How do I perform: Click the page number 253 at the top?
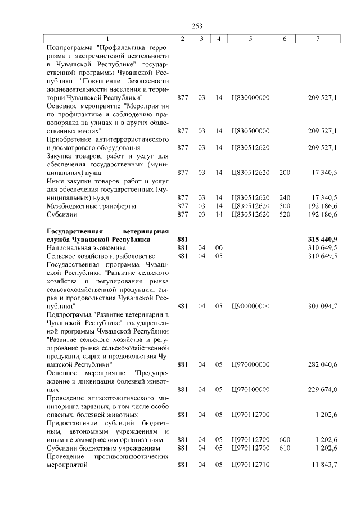(197, 26)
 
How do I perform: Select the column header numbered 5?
(250, 38)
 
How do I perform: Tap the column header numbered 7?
(318, 38)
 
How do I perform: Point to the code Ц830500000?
(250, 131)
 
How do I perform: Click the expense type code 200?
(285, 173)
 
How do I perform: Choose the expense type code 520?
(285, 214)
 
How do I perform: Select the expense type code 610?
(285, 448)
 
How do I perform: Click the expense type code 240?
(285, 197)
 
